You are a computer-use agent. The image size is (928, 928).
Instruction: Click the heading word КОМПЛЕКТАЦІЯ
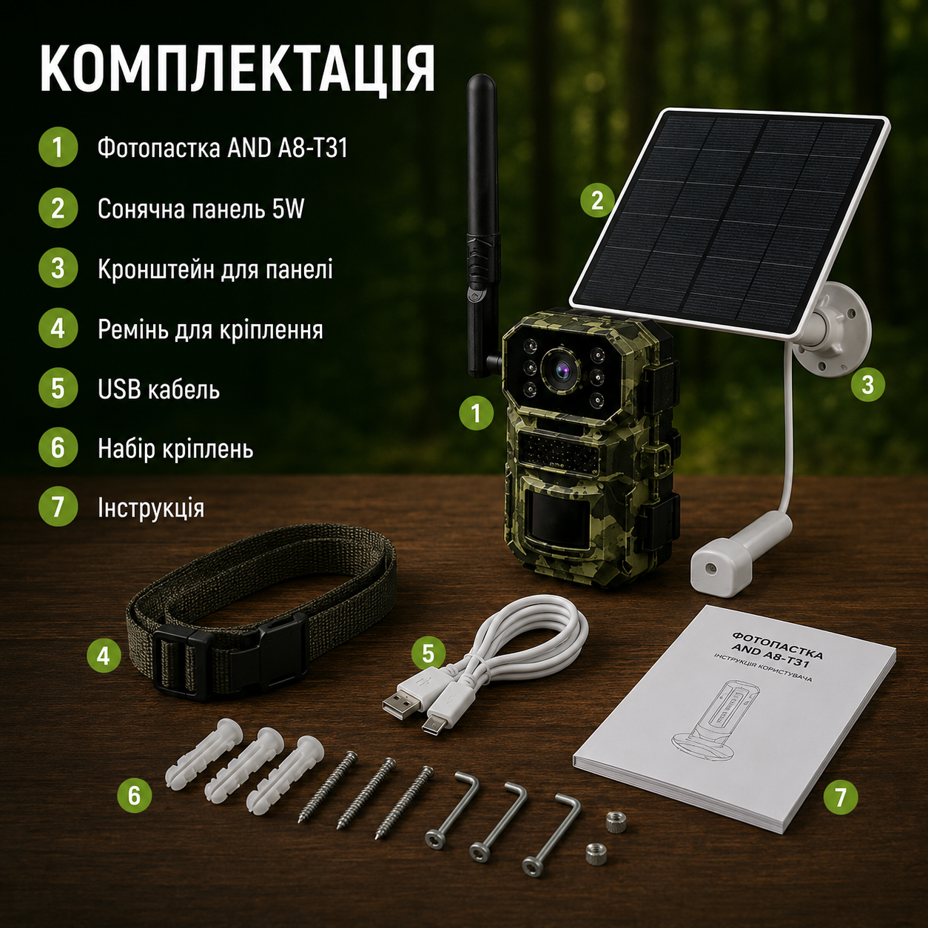coord(238,69)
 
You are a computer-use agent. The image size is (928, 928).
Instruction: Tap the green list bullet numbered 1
coord(58,148)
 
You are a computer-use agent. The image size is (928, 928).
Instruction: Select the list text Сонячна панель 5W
coord(201,209)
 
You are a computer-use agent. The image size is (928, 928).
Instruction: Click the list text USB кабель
coord(159,389)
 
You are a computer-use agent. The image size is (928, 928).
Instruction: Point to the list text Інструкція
coord(151,508)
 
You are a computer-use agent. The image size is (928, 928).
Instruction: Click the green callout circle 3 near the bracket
coord(867,385)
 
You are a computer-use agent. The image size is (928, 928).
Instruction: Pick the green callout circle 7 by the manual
coord(841,798)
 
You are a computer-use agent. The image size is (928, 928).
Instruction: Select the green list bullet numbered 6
coord(58,448)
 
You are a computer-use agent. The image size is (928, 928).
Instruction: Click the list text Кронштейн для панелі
coord(215,269)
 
